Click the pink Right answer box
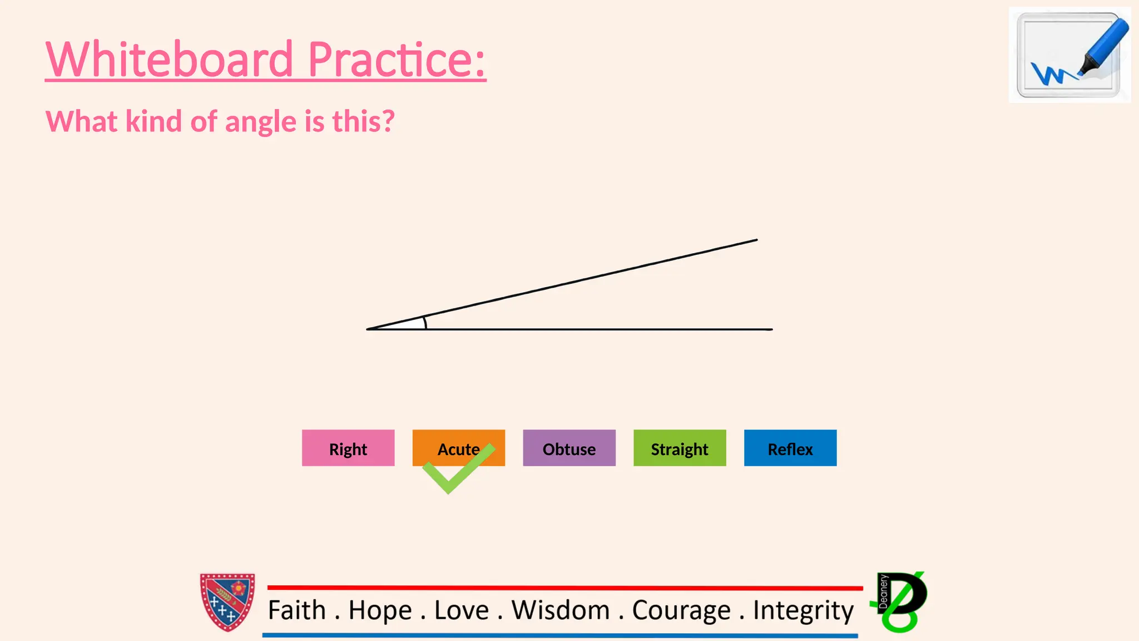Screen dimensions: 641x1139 click(348, 448)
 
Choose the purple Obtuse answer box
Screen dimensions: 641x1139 click(569, 448)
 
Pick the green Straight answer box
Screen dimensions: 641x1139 click(680, 448)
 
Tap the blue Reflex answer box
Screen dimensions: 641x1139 click(790, 448)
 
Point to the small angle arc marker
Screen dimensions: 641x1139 click(425, 323)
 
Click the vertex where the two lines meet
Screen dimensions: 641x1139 click(368, 329)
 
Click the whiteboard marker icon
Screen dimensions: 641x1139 click(1069, 55)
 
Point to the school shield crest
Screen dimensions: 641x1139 click(227, 602)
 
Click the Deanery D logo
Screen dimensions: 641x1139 click(901, 601)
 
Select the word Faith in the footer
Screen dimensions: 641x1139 click(296, 610)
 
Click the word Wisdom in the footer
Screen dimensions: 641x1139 click(561, 610)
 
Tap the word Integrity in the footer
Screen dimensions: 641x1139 click(803, 611)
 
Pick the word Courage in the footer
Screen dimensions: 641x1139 click(681, 611)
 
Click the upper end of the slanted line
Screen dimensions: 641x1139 click(756, 240)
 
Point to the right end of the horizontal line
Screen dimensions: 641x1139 click(771, 329)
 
